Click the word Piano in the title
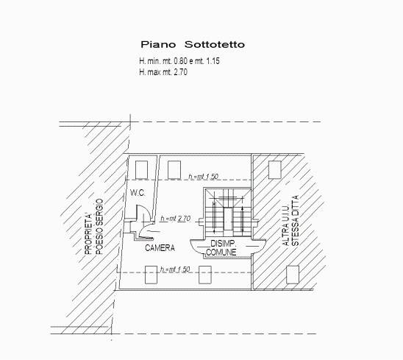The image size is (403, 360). click(158, 44)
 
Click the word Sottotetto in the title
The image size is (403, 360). click(215, 44)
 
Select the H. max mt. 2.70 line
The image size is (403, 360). click(163, 72)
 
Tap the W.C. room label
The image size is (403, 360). click(138, 193)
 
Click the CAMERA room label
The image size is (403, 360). click(160, 248)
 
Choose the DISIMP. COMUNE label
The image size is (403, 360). click(222, 247)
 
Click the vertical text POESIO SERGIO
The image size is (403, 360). click(99, 227)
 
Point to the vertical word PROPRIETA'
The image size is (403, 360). click(88, 234)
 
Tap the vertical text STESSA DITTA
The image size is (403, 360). click(296, 221)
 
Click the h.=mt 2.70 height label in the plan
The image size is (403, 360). click(176, 219)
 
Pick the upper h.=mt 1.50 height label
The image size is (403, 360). click(203, 177)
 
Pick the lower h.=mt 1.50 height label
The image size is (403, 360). click(175, 269)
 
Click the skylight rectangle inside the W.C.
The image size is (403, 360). click(142, 170)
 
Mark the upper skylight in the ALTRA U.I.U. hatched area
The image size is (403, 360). click(275, 170)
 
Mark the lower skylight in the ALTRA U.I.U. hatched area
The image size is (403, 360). click(293, 275)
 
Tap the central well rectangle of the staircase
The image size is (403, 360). click(228, 219)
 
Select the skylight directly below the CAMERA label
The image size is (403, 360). click(151, 275)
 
